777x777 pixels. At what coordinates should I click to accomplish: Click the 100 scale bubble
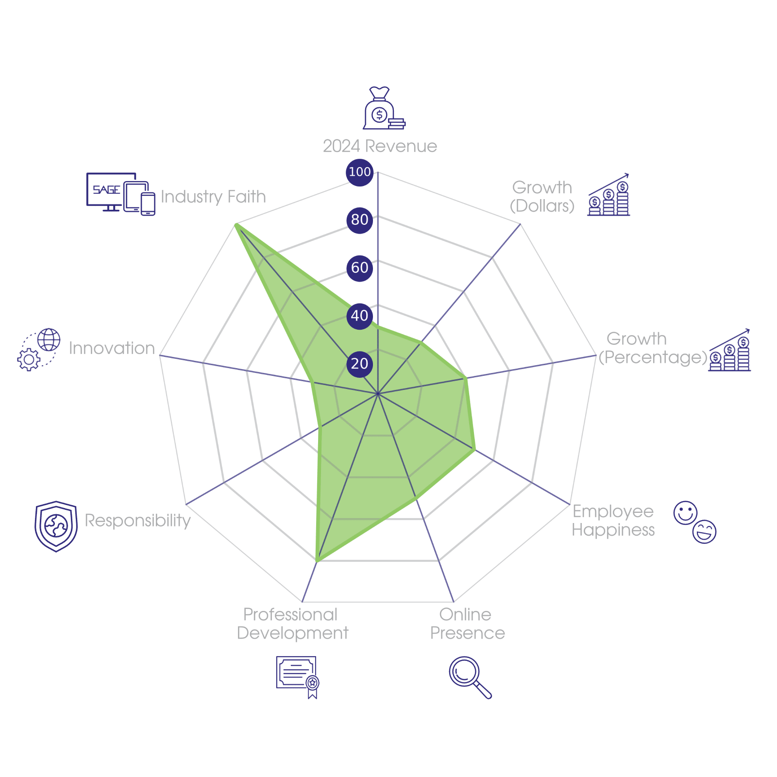coord(359,172)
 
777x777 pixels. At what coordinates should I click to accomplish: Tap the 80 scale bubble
coord(359,220)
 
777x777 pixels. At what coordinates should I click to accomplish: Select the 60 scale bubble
coord(359,268)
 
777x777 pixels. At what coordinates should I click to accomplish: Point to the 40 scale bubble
coord(359,316)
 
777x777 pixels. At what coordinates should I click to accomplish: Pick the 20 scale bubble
coord(359,363)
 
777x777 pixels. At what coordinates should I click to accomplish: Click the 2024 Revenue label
coord(380,146)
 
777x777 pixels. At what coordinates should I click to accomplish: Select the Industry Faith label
coord(213,197)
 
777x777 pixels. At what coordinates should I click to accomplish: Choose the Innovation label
coord(112,348)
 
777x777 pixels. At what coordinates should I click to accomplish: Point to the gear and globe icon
coord(39,350)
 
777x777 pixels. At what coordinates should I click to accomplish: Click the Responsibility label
coord(138,521)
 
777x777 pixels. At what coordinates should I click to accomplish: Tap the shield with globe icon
coord(56,526)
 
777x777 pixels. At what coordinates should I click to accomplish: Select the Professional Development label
coord(292,624)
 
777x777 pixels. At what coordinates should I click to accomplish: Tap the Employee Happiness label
coord(613,521)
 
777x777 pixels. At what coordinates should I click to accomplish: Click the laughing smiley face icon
coord(705,531)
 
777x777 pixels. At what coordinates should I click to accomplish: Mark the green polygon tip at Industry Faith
coord(235,224)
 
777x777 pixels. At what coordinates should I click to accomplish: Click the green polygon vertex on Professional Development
coord(316,562)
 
